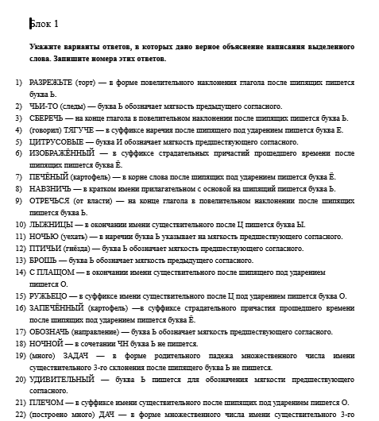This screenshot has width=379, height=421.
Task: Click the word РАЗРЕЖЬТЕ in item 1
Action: pos(53,83)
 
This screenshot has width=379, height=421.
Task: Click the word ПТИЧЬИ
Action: pos(46,248)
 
